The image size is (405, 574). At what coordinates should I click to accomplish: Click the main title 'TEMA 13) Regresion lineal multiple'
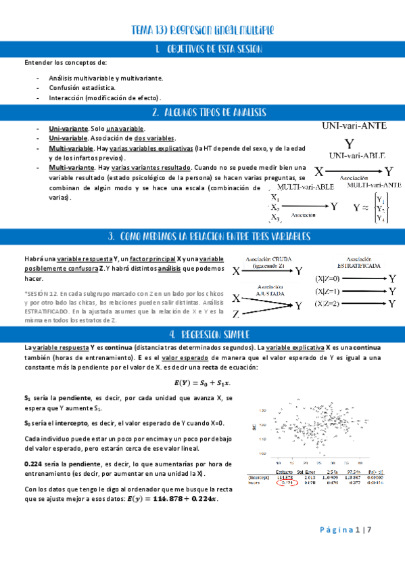tap(203, 30)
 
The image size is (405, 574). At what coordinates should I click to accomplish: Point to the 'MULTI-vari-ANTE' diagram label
tap(374, 184)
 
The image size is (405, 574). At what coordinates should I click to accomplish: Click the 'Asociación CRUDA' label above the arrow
tap(268, 259)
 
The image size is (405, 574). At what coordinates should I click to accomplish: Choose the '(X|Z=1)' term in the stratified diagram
tap(329, 290)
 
